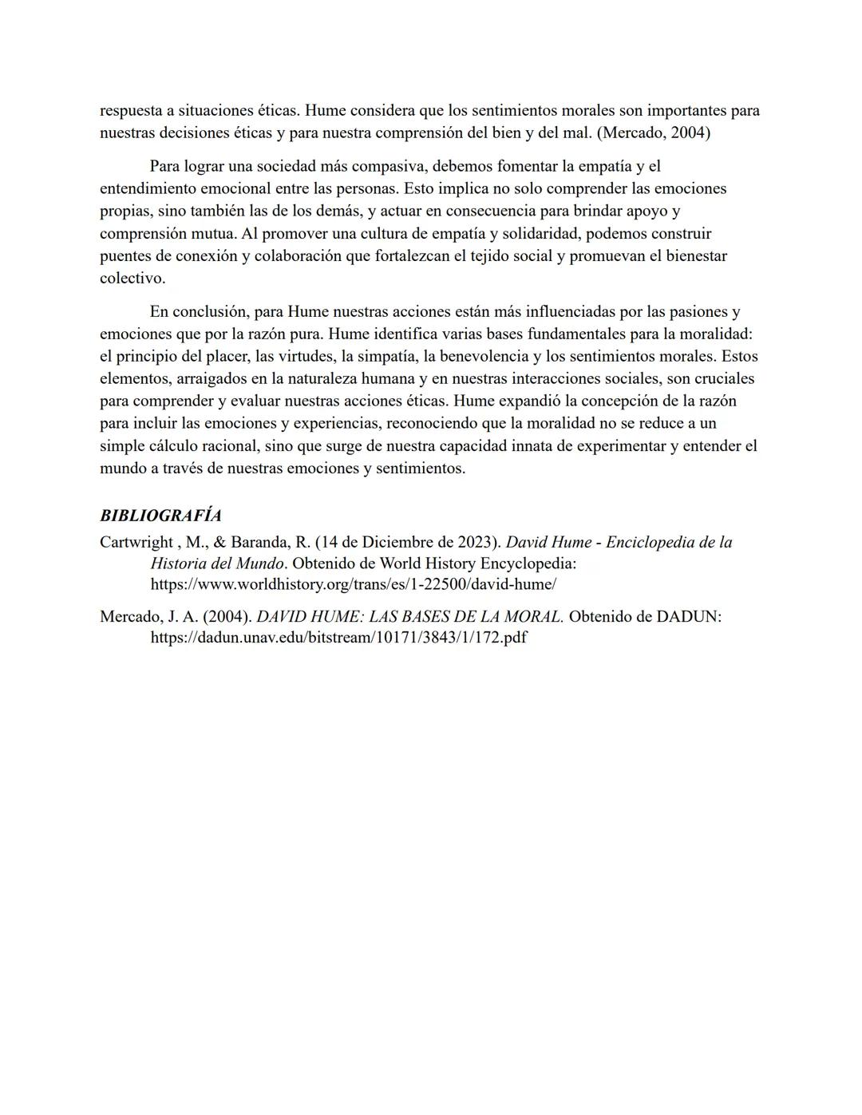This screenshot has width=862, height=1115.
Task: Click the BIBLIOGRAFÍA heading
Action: pyautogui.click(x=160, y=516)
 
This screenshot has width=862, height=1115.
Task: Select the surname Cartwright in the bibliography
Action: pyautogui.click(x=136, y=543)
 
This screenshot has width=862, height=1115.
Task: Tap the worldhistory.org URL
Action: pyautogui.click(x=354, y=584)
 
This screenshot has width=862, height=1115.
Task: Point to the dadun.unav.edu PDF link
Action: pyautogui.click(x=338, y=638)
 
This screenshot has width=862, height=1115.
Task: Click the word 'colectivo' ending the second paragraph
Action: pyautogui.click(x=132, y=279)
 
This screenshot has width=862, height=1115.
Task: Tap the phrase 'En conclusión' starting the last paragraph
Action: pyautogui.click(x=199, y=312)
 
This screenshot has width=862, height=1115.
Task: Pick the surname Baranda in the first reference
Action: pyautogui.click(x=258, y=543)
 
